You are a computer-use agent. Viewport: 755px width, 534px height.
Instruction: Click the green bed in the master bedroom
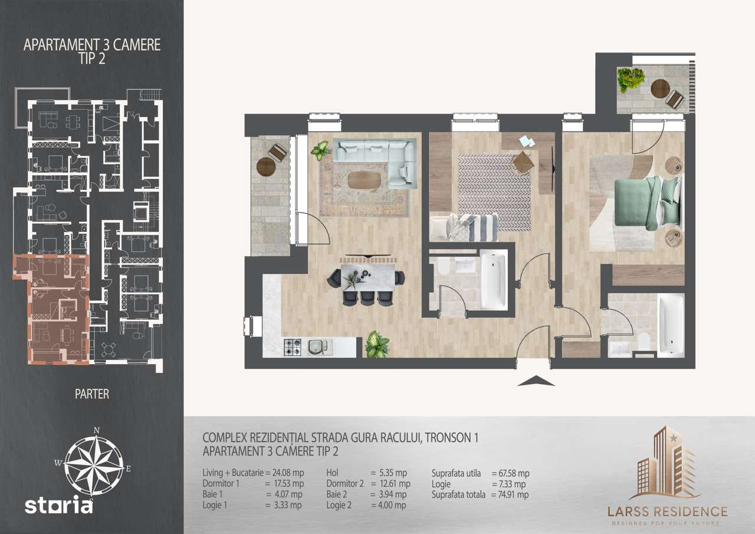pos(640,204)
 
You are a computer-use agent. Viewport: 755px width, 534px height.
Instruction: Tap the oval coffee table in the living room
pos(365,180)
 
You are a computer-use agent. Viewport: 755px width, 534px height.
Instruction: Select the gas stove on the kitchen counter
pos(293,348)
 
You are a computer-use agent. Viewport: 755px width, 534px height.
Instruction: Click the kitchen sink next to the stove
pos(318,348)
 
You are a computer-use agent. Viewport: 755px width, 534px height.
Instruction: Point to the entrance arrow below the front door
pos(536,381)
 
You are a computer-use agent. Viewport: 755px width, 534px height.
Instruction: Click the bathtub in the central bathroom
pos(493,280)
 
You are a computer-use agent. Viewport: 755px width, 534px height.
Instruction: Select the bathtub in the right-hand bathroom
pos(671,326)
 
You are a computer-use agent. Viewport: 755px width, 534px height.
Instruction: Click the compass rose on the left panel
pos(94,461)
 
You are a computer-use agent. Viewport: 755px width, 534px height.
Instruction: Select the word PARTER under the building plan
pos(92,394)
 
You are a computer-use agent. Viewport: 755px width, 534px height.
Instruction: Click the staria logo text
pos(58,506)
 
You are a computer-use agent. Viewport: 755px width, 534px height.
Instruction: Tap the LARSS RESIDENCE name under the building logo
pos(667,511)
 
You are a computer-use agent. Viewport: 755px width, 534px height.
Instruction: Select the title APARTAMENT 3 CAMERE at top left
pos(92,45)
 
